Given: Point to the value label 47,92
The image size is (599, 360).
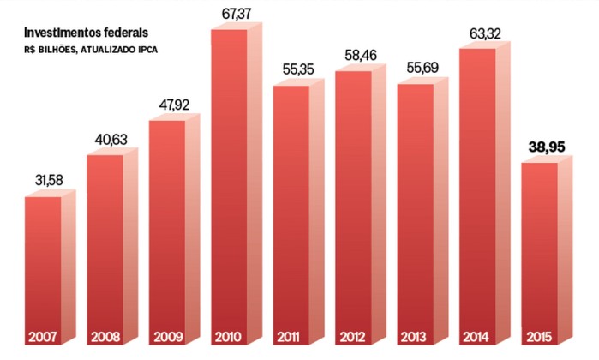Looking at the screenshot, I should [x=172, y=105].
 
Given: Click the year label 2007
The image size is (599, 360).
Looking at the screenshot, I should [x=42, y=336].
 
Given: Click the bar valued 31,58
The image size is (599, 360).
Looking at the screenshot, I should [x=43, y=257].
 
